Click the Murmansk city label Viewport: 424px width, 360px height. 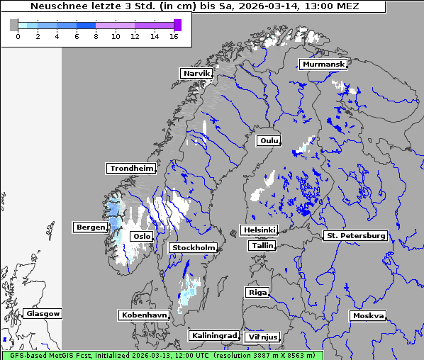click(323, 64)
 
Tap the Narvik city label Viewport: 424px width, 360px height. click(196, 74)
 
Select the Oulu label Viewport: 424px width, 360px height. click(269, 140)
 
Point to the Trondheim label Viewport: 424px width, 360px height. click(131, 169)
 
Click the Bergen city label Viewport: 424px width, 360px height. click(89, 227)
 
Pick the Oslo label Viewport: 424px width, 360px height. click(142, 237)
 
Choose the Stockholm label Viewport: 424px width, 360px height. click(193, 248)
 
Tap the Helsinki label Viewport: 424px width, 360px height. click(259, 230)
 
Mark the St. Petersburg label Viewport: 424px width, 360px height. click(355, 235)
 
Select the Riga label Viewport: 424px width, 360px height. click(257, 293)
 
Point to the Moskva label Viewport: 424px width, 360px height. click(368, 316)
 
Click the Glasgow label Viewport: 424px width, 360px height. click(43, 314)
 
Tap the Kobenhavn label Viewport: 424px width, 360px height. click(144, 315)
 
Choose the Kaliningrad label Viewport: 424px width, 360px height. click(213, 335)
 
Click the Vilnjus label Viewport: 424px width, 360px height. click(262, 337)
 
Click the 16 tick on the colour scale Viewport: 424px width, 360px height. click(174, 36)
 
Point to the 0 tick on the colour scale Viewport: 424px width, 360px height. click(17, 36)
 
